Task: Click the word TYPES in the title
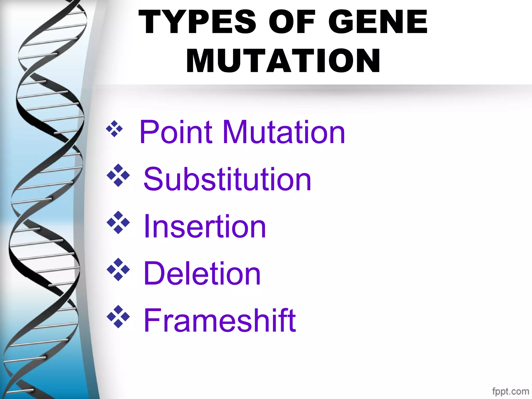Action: point(197,22)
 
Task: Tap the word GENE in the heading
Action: point(378,22)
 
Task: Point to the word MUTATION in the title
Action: point(283,61)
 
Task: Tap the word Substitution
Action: point(227,179)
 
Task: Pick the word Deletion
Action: point(202,274)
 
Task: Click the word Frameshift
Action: point(220,320)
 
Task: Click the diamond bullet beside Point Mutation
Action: point(114,129)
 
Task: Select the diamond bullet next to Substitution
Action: point(118,175)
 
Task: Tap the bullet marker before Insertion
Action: point(118,222)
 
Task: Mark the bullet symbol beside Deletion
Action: point(118,269)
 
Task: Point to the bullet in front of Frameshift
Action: point(118,317)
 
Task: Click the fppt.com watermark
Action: point(510,391)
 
